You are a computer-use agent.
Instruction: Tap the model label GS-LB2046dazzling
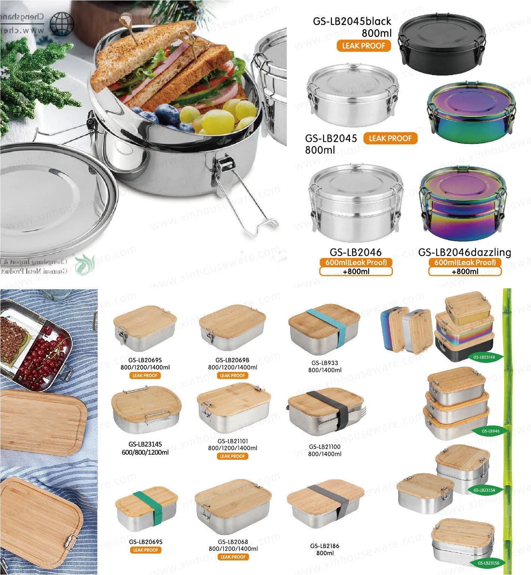(x=464, y=252)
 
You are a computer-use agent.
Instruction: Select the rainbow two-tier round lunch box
(x=463, y=204)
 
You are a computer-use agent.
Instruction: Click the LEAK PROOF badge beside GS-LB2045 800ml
(x=390, y=138)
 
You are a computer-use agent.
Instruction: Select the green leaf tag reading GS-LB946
(x=490, y=431)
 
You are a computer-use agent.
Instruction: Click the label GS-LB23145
(x=145, y=444)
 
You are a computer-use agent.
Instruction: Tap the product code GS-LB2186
(x=324, y=546)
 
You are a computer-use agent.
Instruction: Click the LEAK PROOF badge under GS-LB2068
(x=233, y=557)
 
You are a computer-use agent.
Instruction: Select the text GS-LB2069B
(x=232, y=360)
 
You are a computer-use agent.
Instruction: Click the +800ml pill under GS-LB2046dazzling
(x=464, y=271)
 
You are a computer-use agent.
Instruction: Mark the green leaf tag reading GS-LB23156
(x=488, y=563)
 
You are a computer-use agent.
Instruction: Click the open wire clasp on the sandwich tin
(x=247, y=202)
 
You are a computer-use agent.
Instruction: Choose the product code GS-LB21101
(x=233, y=441)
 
